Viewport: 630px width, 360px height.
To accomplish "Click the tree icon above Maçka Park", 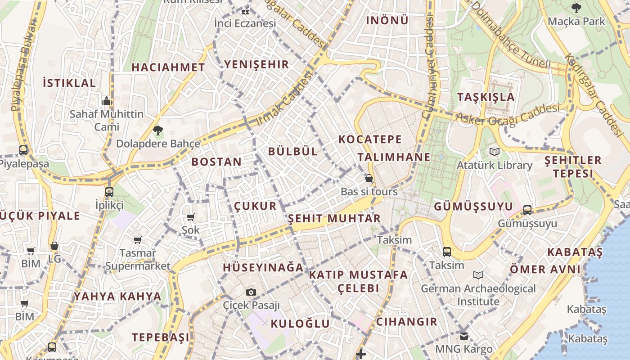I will (576, 8).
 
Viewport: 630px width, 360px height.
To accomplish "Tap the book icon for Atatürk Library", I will (495, 152).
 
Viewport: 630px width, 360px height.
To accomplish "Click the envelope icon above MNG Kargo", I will (464, 336).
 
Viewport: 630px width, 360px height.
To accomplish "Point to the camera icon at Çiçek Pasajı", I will (252, 292).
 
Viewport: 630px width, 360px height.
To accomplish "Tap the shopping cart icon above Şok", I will (191, 217).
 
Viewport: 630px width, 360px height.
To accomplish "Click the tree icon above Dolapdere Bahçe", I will (157, 131).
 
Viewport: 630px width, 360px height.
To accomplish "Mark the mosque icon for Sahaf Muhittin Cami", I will (107, 101).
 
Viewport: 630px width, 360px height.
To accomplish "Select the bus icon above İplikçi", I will (109, 192).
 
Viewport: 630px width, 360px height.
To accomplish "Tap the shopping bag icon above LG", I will (54, 246).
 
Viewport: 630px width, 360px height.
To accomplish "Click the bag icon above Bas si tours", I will (369, 178).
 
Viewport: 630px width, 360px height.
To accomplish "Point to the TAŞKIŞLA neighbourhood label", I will (486, 97).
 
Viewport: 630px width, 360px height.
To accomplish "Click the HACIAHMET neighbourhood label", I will (168, 67).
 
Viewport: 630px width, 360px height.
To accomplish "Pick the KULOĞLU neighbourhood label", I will (300, 324).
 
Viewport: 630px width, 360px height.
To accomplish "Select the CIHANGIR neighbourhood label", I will (407, 322).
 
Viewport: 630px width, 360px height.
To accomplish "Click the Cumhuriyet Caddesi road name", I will (428, 67).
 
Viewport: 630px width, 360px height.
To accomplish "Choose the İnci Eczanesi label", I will (245, 23).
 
